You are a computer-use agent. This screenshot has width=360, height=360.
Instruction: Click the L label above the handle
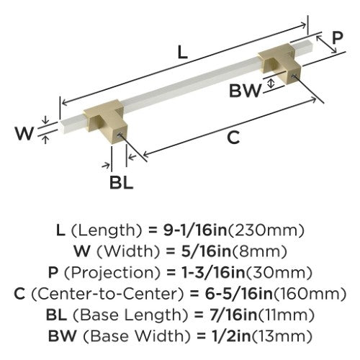tap(182, 53)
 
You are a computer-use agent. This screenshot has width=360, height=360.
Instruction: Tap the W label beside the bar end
tap(24, 133)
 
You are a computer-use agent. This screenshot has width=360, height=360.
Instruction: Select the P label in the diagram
tap(338, 37)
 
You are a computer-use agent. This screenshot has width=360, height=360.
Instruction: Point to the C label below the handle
tap(233, 138)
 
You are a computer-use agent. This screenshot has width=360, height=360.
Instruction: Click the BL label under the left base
tap(121, 182)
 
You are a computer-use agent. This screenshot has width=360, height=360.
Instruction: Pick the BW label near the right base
tap(245, 91)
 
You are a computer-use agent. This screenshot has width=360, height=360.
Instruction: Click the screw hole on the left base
tap(120, 135)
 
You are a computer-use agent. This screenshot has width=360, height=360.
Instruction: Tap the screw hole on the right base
tap(294, 76)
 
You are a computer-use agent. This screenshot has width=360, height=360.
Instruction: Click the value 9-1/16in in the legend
tap(195, 230)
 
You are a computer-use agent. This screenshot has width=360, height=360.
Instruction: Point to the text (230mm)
tap(266, 230)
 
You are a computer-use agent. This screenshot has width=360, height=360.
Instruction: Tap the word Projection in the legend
tap(112, 273)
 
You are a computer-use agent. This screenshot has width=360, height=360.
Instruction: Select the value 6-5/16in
tap(238, 294)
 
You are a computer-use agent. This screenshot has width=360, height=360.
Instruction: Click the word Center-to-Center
tap(107, 294)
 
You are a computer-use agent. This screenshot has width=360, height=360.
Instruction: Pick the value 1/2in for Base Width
tap(231, 336)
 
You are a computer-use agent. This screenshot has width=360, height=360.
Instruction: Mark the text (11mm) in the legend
tap(286, 315)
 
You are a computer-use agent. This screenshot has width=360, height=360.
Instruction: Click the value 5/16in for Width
tap(206, 252)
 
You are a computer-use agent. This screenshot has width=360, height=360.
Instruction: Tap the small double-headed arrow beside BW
tap(271, 84)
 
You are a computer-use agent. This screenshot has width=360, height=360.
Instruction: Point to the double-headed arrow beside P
tap(326, 44)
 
